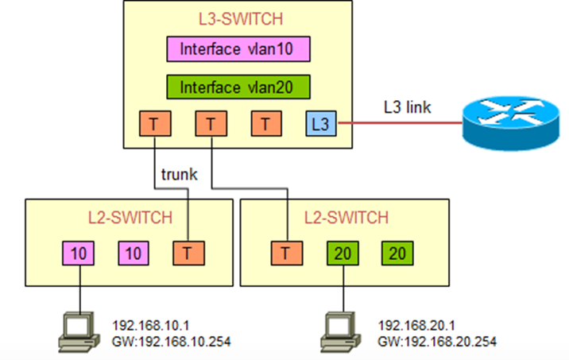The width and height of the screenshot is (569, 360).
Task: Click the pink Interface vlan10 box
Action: [x=237, y=49]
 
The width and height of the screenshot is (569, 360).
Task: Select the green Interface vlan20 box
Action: [x=237, y=87]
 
